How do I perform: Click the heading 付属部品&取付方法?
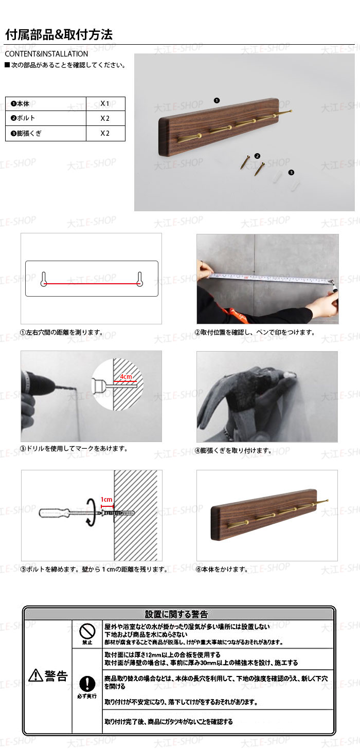tap(59, 34)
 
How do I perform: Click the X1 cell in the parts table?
tap(105, 104)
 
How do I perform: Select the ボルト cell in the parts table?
tap(46, 118)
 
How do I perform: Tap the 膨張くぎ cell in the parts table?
tap(46, 134)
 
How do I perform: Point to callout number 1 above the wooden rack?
tap(217, 101)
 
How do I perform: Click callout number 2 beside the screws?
tap(257, 156)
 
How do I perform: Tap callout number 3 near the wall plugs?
tap(291, 172)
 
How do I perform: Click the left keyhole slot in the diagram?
tap(44, 279)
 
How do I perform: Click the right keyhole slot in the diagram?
tap(140, 279)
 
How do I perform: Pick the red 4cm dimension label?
tap(126, 376)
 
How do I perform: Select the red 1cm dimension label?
tap(106, 499)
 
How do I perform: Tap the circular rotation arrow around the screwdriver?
tap(91, 513)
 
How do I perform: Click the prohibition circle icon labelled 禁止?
tap(87, 632)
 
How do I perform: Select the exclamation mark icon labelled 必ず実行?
tap(87, 683)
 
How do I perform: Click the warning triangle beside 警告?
tap(35, 675)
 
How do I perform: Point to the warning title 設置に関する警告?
tap(176, 614)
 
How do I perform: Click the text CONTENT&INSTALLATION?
tap(46, 54)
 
